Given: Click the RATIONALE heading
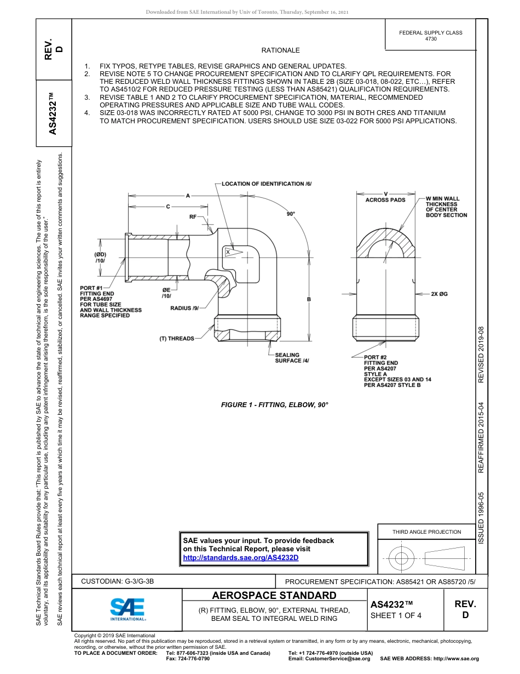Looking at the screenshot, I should tap(280, 50).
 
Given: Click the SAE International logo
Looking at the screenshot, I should tap(128, 609).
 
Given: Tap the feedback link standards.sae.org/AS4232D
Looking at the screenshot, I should tap(240, 558).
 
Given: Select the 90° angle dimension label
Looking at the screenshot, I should tap(291, 214).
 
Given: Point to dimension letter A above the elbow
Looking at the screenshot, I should tap(188, 195).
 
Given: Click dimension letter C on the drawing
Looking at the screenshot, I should tap(168, 207).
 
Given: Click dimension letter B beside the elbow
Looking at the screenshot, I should tap(309, 299).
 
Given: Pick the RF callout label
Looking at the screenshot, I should tap(193, 217).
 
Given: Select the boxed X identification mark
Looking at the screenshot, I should tap(228, 252).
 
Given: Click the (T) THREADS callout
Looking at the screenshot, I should tap(176, 339).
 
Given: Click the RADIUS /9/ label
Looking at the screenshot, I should tap(184, 308).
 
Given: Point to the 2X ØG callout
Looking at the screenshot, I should tap(439, 294).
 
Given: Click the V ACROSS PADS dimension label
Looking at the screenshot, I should tap(385, 197).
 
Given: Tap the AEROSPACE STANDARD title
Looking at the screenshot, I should tap(274, 596).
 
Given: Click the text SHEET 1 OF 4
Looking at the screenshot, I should tap(396, 615).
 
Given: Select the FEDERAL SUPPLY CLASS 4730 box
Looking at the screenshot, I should tap(430, 36).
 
